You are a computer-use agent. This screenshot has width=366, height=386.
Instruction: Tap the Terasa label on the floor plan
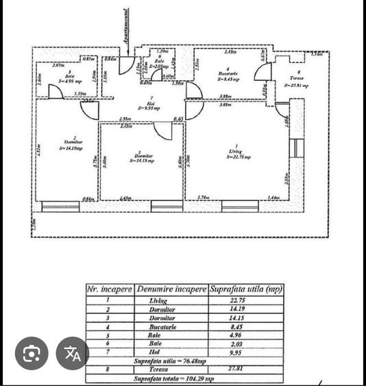(296, 82)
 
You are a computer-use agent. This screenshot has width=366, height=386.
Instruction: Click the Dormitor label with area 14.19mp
(71, 144)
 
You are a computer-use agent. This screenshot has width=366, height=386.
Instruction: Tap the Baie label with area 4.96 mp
(71, 78)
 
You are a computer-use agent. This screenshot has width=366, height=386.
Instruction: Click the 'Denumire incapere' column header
(171, 289)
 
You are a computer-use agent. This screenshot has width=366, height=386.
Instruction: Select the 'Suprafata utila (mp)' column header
(245, 289)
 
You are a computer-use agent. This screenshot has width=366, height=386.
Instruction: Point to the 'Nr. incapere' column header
(110, 289)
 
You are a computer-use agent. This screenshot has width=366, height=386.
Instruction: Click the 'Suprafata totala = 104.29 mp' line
(183, 377)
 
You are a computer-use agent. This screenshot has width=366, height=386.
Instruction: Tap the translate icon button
(73, 354)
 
